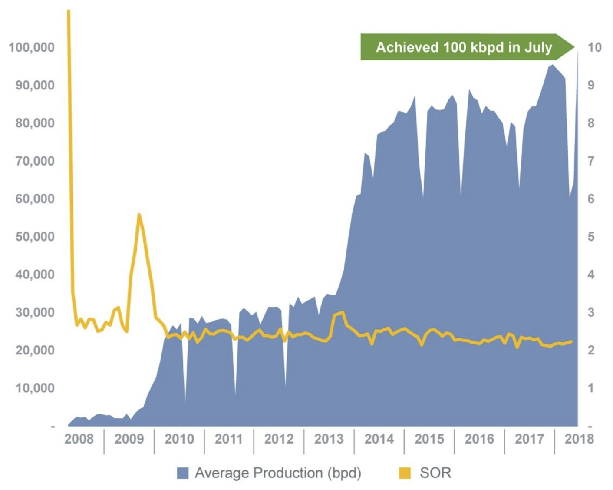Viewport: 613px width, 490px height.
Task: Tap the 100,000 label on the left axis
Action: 32,47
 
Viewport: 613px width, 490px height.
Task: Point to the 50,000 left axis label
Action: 35,237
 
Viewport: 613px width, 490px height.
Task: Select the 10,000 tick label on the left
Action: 35,388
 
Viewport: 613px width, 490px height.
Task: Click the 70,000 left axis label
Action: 35,161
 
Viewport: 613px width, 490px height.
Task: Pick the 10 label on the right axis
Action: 594,47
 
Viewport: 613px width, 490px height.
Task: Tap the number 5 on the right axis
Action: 591,237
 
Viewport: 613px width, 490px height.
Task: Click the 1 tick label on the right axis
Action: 591,388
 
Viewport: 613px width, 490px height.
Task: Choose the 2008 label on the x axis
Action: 79,439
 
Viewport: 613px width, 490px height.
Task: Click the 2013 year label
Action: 329,439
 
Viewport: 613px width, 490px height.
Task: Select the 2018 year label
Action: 579,439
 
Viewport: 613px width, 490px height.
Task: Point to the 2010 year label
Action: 179,439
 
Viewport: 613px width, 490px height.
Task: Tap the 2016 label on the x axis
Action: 479,439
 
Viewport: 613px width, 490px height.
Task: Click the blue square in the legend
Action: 183,473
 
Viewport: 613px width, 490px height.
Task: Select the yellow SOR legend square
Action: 405,473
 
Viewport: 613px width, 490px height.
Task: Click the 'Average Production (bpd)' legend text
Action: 278,473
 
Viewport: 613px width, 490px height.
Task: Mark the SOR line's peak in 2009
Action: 139,215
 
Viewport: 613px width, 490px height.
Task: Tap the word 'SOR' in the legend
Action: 435,473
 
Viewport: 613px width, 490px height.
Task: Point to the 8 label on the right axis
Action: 591,123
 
